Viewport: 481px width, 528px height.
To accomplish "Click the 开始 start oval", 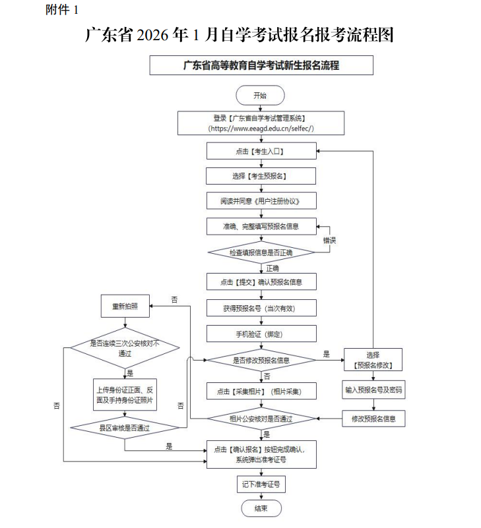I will pos(261,95).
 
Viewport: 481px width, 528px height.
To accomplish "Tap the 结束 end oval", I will pos(261,508).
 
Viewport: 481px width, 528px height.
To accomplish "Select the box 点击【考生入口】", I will pos(261,152).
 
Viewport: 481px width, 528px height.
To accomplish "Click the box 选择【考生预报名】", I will pos(261,176).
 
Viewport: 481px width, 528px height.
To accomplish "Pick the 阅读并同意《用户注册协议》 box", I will pos(261,200).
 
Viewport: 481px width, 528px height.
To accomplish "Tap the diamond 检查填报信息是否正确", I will pos(261,252).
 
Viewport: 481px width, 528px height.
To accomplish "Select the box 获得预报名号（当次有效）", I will pos(261,308).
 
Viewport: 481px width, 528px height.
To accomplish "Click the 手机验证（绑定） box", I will pos(261,334).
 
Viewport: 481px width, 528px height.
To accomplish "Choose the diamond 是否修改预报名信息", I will pos(261,361).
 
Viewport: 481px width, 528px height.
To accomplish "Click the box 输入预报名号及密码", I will pos(373,390).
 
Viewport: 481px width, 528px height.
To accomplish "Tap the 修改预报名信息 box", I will pos(373,418).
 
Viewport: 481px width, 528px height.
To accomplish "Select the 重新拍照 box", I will pos(125,306).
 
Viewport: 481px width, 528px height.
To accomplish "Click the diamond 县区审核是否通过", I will pos(125,428).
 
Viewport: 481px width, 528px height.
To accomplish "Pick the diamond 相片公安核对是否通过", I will pos(261,419).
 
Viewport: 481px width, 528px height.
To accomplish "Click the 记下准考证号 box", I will pos(261,484).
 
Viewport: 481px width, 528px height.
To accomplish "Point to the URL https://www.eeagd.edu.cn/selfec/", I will pos(261,129).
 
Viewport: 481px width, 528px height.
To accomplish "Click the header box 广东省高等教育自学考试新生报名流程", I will pos(261,65).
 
